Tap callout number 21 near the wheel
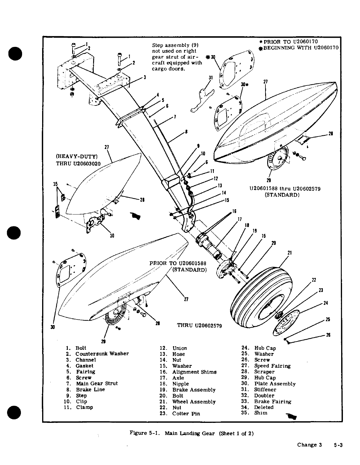pyautogui.click(x=290, y=253)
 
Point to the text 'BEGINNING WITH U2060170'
pyautogui.click(x=300, y=48)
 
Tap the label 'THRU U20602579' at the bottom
pyautogui.click(x=199, y=326)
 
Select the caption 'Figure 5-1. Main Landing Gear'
pyautogui.click(x=191, y=433)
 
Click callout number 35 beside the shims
pyautogui.click(x=55, y=184)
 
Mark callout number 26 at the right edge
pyautogui.click(x=328, y=335)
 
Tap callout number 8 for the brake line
pyautogui.click(x=186, y=132)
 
